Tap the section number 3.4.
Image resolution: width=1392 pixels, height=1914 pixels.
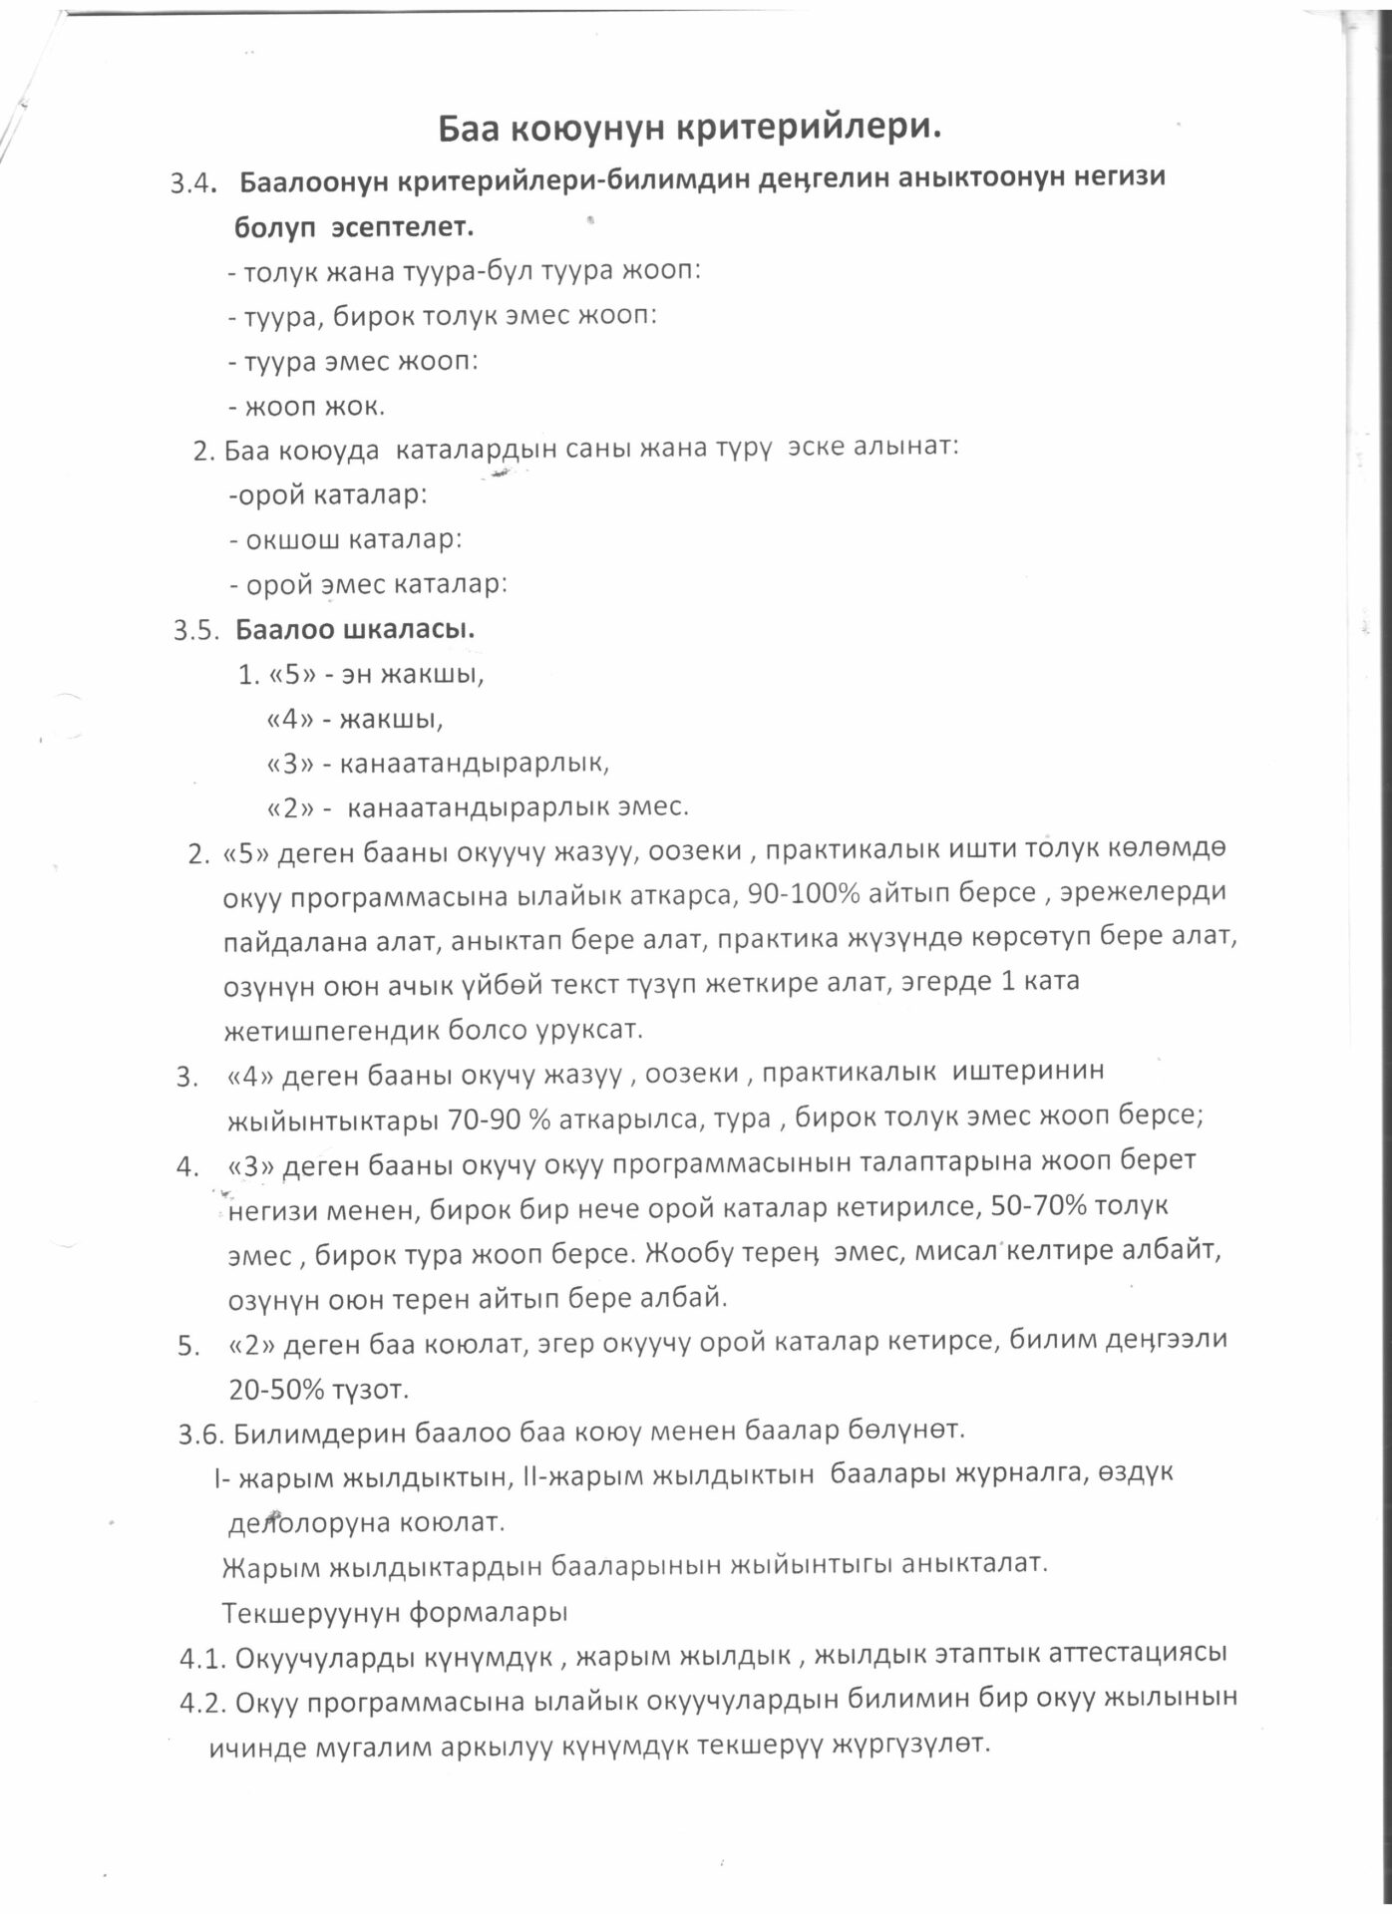193,183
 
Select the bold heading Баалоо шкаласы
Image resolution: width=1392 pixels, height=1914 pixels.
355,630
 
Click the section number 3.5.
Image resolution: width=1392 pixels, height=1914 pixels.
195,631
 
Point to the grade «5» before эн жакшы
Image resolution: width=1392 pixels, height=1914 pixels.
288,675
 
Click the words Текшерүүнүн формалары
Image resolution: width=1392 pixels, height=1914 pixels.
395,1612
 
